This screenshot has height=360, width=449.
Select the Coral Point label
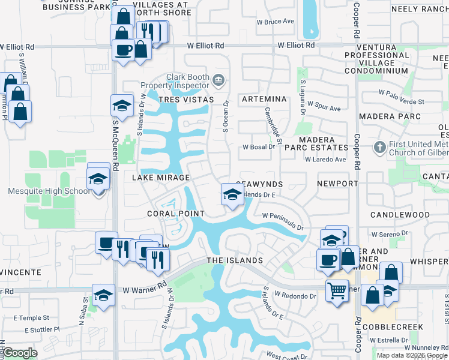(x=176, y=214)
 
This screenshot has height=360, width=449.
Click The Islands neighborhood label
(x=235, y=260)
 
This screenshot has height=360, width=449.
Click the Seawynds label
(x=259, y=184)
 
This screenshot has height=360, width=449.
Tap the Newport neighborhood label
(x=337, y=184)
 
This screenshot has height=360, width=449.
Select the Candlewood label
(x=400, y=214)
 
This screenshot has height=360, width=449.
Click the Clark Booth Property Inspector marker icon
(x=218, y=79)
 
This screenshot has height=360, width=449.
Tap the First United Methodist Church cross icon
(x=379, y=147)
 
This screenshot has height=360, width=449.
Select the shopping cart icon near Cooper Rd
(x=337, y=290)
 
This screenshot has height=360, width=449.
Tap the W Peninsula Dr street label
(x=282, y=221)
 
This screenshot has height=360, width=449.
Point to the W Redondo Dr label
(x=295, y=296)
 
